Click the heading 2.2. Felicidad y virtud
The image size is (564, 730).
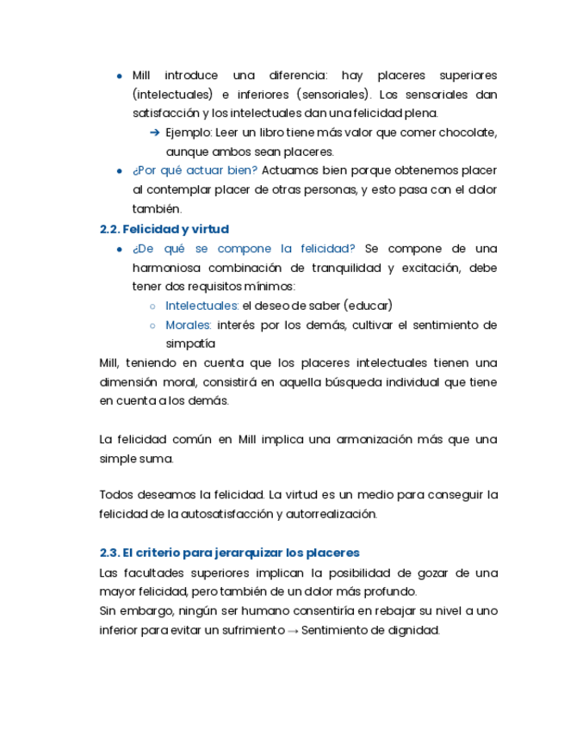164,229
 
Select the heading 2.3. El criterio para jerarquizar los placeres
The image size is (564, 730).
229,553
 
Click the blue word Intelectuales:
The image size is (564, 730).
202,306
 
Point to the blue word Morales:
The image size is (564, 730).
189,325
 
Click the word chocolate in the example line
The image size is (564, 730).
467,133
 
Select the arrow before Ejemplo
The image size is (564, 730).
155,133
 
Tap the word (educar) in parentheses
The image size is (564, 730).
369,306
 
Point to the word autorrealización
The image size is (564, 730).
332,514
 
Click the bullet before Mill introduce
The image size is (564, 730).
119,76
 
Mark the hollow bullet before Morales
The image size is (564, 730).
152,325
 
